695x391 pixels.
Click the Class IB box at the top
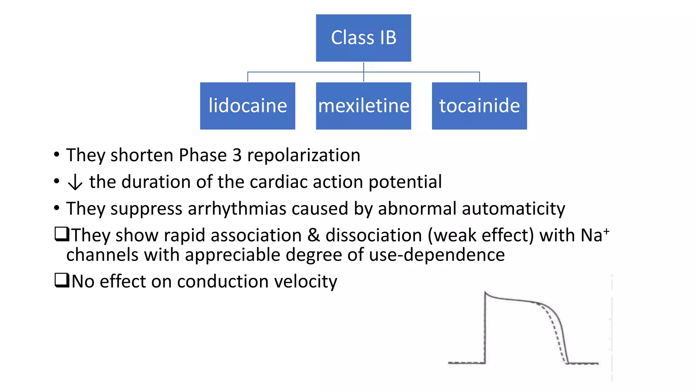pyautogui.click(x=363, y=38)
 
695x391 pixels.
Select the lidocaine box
pyautogui.click(x=247, y=106)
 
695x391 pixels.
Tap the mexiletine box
pyautogui.click(x=363, y=106)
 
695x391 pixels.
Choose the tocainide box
pyautogui.click(x=479, y=106)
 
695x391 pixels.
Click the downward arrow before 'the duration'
pyautogui.click(x=75, y=182)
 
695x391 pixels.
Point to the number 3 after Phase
pyautogui.click(x=237, y=155)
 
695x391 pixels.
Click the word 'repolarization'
pyautogui.click(x=303, y=156)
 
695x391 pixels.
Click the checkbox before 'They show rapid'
pyautogui.click(x=62, y=234)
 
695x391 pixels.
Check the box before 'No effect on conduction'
pyautogui.click(x=62, y=280)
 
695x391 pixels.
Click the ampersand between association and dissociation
pyautogui.click(x=314, y=235)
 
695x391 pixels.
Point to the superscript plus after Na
pyautogui.click(x=606, y=231)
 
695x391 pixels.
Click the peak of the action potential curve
pyautogui.click(x=486, y=293)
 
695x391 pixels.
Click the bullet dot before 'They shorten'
pyautogui.click(x=57, y=155)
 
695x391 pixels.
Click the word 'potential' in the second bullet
pyautogui.click(x=405, y=182)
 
